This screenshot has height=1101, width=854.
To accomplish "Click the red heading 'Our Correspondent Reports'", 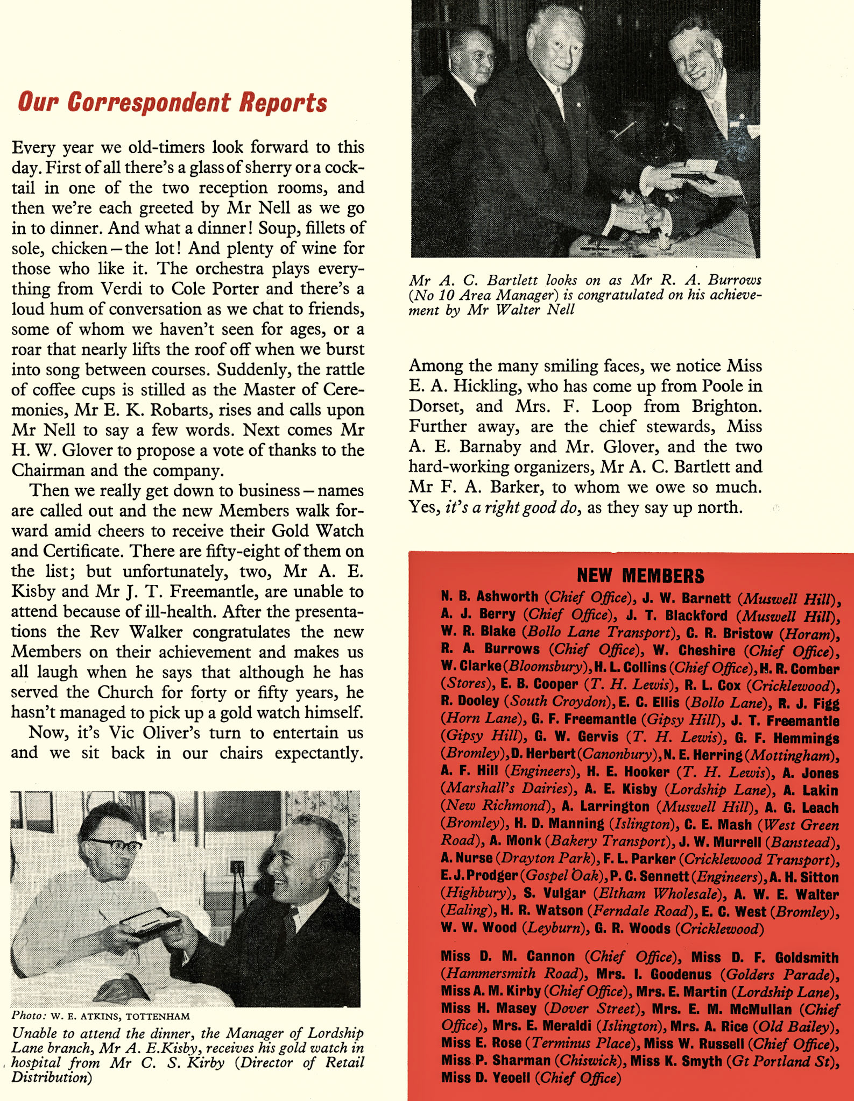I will point(172,102).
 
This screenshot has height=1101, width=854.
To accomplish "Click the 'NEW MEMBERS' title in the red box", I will point(640,576).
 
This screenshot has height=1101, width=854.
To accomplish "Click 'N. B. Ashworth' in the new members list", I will point(490,597).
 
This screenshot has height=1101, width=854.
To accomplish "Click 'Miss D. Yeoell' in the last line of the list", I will point(486,1078).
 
